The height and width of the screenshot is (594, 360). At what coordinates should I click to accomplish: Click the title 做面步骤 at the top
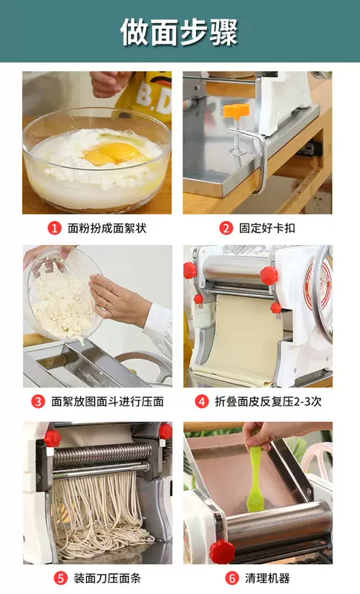(179, 32)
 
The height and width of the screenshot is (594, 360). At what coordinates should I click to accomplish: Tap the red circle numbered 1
(54, 228)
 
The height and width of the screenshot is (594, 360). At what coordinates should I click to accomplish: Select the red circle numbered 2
(226, 228)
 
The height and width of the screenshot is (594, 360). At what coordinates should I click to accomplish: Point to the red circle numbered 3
(38, 402)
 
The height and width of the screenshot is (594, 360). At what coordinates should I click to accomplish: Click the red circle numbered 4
(202, 402)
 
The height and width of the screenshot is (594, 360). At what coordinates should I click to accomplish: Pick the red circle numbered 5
(61, 578)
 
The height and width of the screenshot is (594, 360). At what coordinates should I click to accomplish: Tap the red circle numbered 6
(232, 578)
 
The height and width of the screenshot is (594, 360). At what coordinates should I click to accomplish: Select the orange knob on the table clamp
(236, 111)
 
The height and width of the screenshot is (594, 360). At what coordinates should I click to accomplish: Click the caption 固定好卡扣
(267, 228)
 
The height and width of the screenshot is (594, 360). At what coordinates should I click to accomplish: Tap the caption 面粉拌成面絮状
(107, 228)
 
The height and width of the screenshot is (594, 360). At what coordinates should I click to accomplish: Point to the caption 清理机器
(267, 578)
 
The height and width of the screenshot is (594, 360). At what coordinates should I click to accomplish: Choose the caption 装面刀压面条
(107, 578)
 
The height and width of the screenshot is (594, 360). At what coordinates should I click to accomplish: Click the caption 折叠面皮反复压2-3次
(268, 402)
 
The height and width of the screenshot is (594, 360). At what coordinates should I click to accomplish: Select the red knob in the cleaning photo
(222, 551)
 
